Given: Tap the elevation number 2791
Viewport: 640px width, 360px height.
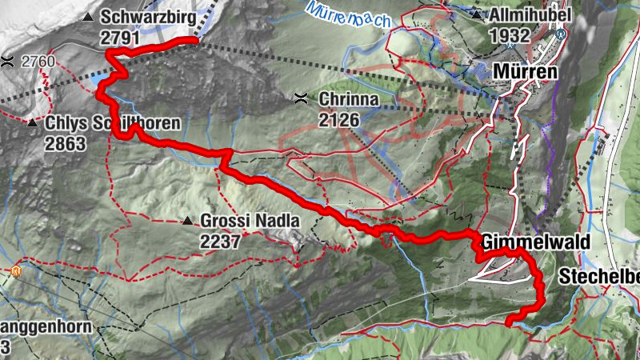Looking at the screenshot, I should (x=121, y=37).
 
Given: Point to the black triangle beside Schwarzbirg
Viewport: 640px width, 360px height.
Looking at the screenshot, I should (x=88, y=16).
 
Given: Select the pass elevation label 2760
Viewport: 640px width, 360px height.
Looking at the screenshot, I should (x=38, y=61).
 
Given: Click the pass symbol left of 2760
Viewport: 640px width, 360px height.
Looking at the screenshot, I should (x=7, y=61).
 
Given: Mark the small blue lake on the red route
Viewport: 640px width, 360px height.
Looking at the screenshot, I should (x=99, y=81).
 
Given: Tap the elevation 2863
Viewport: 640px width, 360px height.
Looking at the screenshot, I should (x=66, y=144).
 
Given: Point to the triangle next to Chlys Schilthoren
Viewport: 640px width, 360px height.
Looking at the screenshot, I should (x=32, y=123).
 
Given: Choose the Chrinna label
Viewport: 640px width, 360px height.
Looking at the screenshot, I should (x=346, y=100).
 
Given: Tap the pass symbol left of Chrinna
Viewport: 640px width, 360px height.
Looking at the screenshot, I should (x=301, y=99).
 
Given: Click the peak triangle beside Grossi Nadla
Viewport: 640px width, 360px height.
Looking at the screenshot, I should (x=186, y=220).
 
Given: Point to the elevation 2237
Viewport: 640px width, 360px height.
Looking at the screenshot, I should (x=221, y=241).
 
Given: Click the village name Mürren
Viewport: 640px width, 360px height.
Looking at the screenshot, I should (x=526, y=71).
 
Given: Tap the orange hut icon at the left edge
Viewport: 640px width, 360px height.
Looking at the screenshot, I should (x=15, y=272).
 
